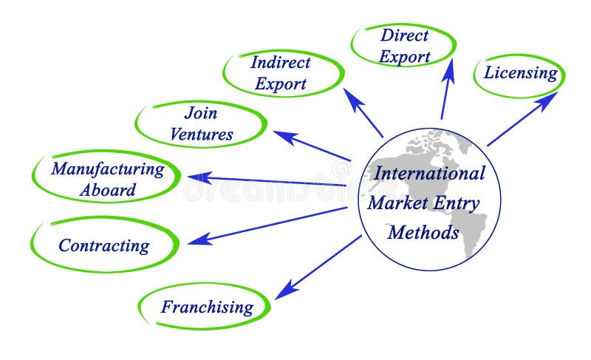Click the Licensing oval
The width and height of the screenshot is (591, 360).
pos(520,74)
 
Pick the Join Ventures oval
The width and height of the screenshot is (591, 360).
pos(201,124)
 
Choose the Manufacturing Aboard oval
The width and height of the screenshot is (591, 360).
pos(108,178)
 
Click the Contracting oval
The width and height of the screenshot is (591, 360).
pos(104,245)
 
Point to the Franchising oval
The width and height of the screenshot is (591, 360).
pos(206,306)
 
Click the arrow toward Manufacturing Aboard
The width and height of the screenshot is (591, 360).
pos(266,180)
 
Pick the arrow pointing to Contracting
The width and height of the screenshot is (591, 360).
pos(266,225)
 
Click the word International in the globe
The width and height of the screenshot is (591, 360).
pos(430,174)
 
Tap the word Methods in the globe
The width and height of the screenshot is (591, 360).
pos(423,232)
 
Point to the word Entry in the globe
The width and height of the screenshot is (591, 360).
pos(456,203)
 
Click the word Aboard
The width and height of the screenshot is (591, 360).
pos(108,189)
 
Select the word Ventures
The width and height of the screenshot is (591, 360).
pos(201,135)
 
